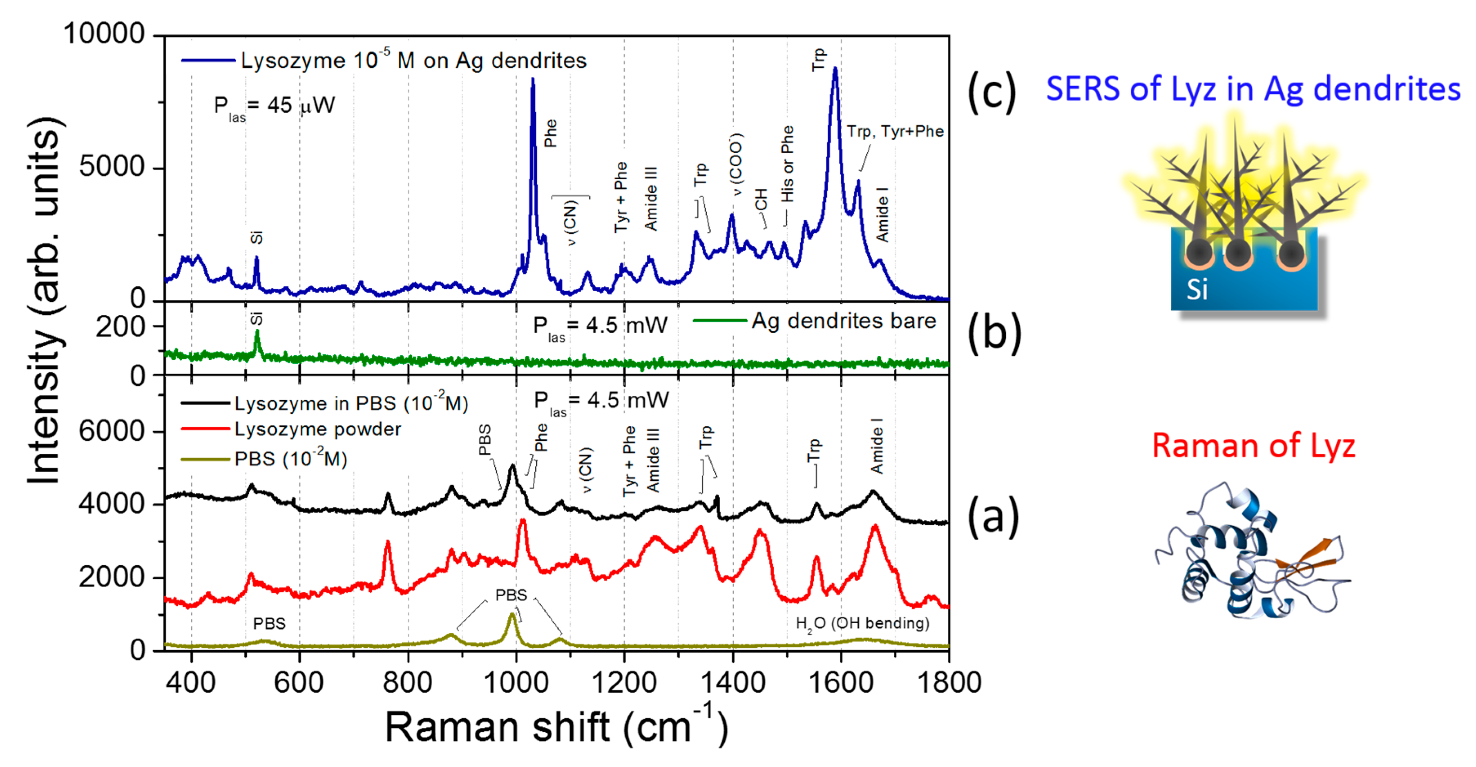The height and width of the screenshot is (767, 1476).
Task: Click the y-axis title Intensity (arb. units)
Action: (45, 301)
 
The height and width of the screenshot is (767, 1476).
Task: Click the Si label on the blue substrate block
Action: (1197, 289)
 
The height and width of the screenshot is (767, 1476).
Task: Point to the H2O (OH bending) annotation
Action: (862, 624)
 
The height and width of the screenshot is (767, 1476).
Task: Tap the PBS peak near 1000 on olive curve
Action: (511, 615)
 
